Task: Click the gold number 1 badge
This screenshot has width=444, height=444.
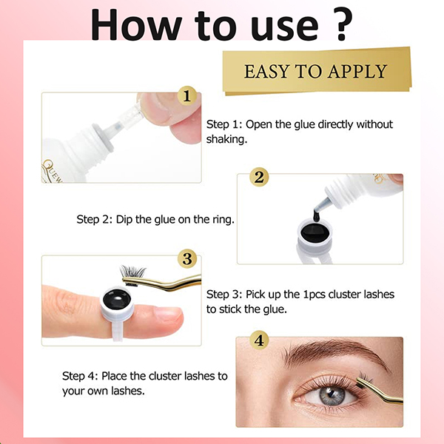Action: (x=187, y=95)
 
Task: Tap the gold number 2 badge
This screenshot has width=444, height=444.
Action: (x=259, y=178)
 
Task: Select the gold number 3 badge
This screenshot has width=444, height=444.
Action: (x=187, y=259)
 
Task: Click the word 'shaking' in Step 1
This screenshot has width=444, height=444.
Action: (x=229, y=138)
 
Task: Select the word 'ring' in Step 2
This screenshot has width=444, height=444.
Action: (x=220, y=219)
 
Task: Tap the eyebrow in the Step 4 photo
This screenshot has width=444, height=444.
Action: (x=326, y=354)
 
